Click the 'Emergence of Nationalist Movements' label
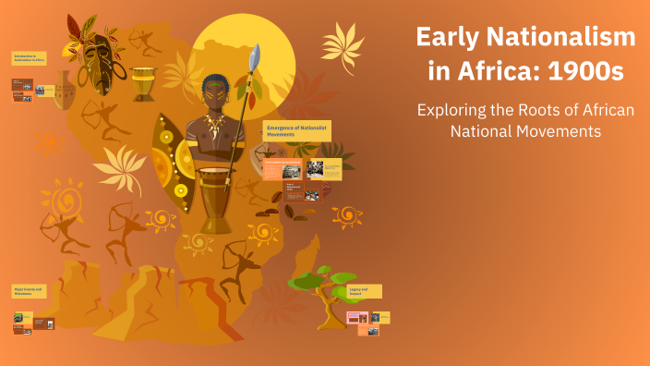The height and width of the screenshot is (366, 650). (x=296, y=129)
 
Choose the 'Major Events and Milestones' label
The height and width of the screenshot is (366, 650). (x=29, y=290)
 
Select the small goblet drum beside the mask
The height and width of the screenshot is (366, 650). (x=143, y=83)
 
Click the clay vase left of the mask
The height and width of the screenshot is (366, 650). (x=64, y=91)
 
